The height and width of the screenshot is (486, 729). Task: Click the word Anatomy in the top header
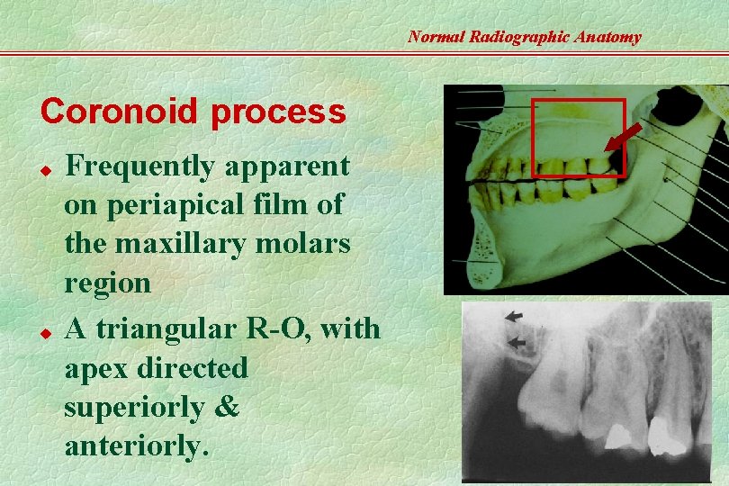pos(607,37)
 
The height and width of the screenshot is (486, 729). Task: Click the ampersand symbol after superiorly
pos(228,408)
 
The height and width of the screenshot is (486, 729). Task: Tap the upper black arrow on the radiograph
pos(513,316)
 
